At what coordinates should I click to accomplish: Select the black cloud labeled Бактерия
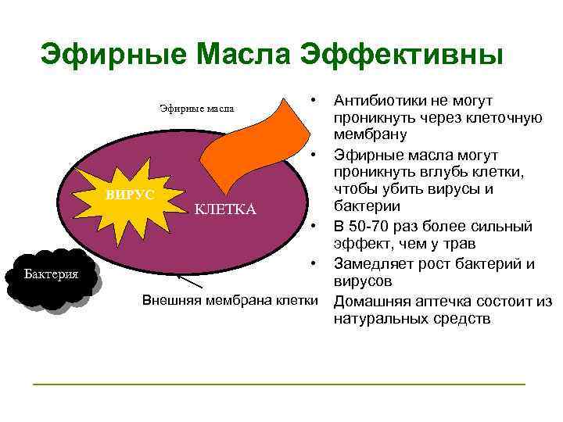(x=50, y=276)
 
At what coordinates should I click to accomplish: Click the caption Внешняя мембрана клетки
(x=230, y=301)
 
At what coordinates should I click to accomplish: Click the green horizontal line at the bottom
(x=278, y=384)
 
